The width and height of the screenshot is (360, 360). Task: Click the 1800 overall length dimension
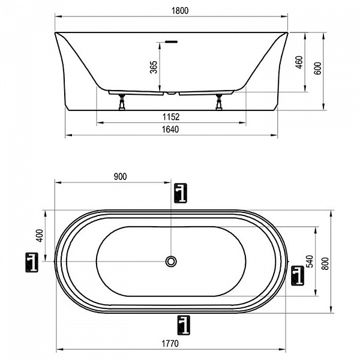180,11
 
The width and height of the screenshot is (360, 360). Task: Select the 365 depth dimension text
154,67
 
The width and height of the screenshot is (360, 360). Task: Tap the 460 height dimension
299,62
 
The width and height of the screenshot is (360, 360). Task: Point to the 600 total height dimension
318,68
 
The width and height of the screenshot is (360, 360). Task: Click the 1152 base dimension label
171,117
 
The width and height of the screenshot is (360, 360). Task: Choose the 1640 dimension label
170,130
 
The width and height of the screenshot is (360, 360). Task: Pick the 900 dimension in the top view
120,176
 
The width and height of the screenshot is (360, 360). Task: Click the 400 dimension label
40,236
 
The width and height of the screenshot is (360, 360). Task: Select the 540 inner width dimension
310,261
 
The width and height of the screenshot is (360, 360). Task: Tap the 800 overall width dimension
325,263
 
